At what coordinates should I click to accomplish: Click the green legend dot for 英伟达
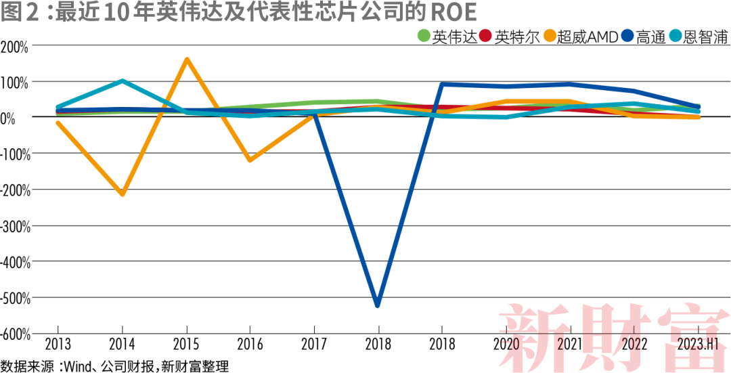[x=424, y=37]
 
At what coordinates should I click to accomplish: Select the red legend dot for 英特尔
[x=485, y=37]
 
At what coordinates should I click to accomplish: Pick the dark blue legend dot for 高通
[x=627, y=37]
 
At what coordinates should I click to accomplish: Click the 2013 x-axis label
[x=58, y=345]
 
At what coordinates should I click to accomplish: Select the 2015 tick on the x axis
[x=186, y=345]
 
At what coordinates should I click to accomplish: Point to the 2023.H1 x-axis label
[x=697, y=345]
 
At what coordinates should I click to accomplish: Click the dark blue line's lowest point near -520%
[x=377, y=305]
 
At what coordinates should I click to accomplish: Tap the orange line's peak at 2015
[x=186, y=60]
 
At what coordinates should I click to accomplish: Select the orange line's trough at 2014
[x=123, y=194]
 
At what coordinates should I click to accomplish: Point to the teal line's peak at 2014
[x=122, y=81]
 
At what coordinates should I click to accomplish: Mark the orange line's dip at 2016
[x=250, y=160]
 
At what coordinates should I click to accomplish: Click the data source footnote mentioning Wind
[x=114, y=366]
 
